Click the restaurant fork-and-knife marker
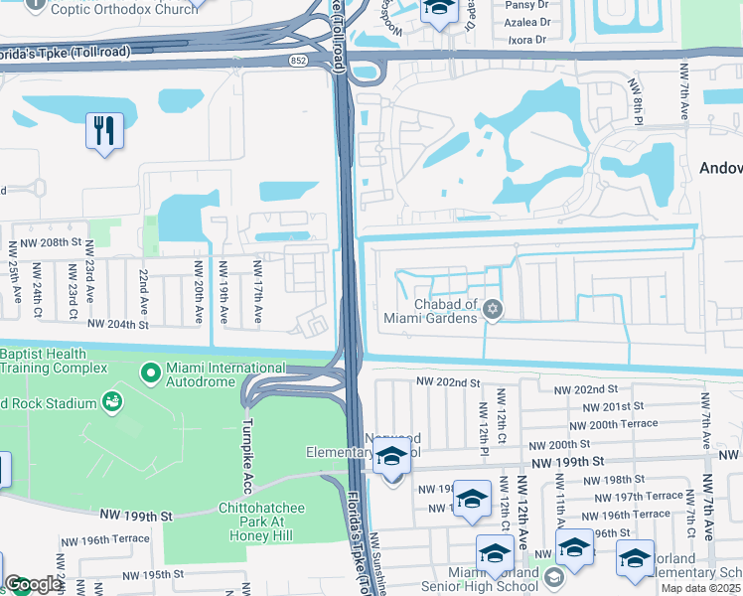[104, 130]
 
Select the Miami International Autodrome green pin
[151, 373]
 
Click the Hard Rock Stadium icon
[112, 402]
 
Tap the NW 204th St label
[117, 324]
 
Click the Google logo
[33, 584]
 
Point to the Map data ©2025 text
[701, 589]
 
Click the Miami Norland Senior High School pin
[553, 577]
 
